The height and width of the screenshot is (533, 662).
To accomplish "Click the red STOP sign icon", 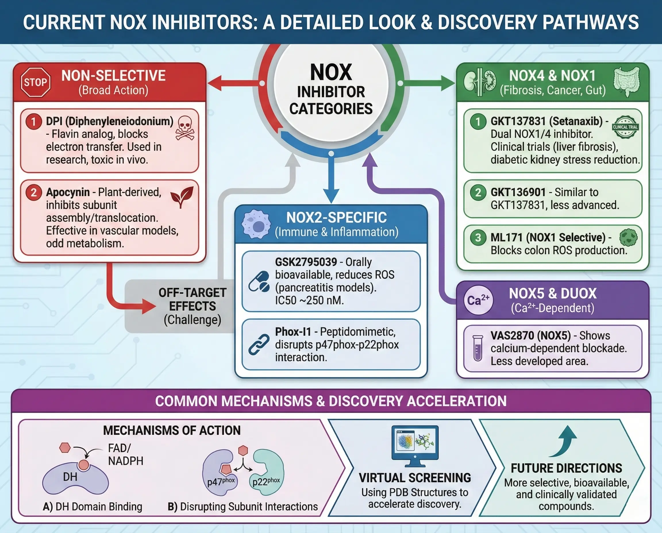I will tap(36, 82).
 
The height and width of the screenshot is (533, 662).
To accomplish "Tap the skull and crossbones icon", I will tap(185, 128).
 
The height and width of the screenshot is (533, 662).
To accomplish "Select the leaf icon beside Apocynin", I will tap(182, 197).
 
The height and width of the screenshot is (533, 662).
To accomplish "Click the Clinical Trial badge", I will tap(625, 127).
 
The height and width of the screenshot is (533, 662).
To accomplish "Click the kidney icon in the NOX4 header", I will tap(480, 82).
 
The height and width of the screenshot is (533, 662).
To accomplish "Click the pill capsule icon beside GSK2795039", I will tap(259, 281).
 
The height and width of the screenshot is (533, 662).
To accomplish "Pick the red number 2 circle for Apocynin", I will tap(34, 192).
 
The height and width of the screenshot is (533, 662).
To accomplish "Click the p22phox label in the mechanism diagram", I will tap(266, 481).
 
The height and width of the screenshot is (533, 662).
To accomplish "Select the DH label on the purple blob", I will tap(70, 477).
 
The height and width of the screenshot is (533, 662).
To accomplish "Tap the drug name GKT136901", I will tap(518, 192).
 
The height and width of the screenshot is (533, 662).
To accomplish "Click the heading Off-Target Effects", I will tap(193, 299).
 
